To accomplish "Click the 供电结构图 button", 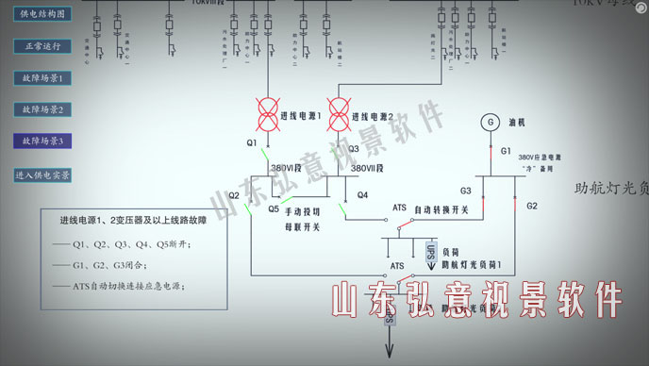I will click(x=42, y=15).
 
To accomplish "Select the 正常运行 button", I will click(x=42, y=45).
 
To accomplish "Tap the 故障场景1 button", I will click(x=42, y=77).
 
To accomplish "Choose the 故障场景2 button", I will click(x=42, y=109).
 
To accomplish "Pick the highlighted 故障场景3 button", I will click(x=42, y=141).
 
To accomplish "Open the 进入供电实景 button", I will click(x=42, y=175).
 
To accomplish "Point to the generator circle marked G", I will click(x=489, y=122).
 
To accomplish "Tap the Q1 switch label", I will click(x=252, y=142).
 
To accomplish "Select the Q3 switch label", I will click(x=354, y=148).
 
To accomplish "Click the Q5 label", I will click(x=273, y=208).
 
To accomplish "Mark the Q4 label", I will click(x=362, y=196).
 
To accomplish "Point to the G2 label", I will click(x=532, y=206).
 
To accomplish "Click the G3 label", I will click(x=465, y=190).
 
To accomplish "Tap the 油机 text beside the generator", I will click(x=516, y=123).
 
